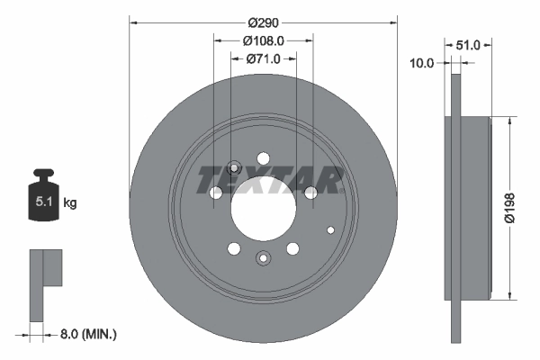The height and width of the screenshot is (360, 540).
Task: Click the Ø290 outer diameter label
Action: click(264, 22)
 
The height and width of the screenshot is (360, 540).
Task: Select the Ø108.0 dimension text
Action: click(264, 40)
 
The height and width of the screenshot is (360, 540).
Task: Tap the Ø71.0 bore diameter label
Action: click(264, 58)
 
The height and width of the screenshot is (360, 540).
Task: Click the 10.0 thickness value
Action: click(422, 63)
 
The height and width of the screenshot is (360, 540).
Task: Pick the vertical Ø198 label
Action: click(509, 208)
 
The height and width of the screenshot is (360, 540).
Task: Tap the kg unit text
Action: click(70, 203)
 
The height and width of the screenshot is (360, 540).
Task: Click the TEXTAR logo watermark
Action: click(270, 179)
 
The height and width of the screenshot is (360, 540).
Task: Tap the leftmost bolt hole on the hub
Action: click(215, 193)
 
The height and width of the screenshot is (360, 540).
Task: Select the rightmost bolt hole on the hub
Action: click(311, 193)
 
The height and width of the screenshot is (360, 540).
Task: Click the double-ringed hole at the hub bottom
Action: click(263, 258)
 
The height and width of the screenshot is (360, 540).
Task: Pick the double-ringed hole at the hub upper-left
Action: click(233, 166)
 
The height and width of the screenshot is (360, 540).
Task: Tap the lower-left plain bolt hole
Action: click(233, 249)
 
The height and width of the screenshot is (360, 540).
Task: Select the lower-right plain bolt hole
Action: click(292, 249)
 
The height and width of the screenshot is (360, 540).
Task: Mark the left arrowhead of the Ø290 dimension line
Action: click(133, 22)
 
